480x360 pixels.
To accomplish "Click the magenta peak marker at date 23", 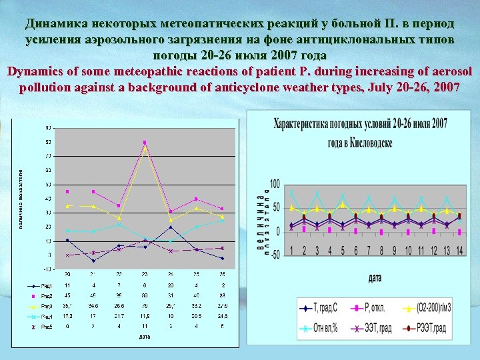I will [x=145, y=142].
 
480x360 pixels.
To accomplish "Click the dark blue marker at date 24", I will [x=171, y=227].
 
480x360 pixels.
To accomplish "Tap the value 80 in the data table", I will [x=145, y=295].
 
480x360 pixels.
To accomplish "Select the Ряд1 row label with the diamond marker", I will [x=43, y=285].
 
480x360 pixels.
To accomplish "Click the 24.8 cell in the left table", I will [x=222, y=315].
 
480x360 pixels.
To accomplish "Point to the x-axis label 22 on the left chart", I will [x=119, y=274].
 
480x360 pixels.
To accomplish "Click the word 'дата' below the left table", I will [x=145, y=337].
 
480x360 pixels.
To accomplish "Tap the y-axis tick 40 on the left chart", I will [x=48, y=199].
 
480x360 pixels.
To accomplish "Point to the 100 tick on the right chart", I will [x=274, y=184].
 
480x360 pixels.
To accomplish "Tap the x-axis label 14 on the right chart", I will [x=459, y=250].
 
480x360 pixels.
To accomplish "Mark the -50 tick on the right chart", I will [x=274, y=256].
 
